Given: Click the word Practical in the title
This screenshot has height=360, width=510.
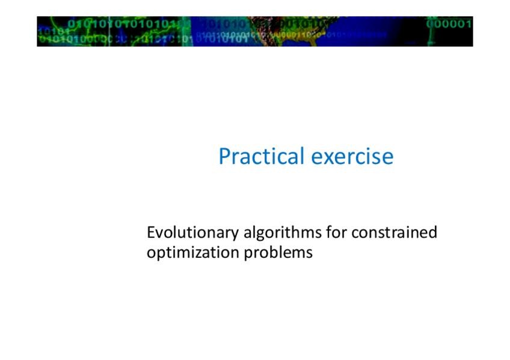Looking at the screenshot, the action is [262, 156].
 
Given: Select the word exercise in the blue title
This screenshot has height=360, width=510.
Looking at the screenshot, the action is [352, 156].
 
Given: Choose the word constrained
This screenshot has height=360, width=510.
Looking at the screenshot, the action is [394, 232].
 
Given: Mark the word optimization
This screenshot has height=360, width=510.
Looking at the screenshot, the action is [192, 253].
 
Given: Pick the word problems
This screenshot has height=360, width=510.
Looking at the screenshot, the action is [278, 253].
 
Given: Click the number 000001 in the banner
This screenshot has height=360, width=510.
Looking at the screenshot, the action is [449, 23].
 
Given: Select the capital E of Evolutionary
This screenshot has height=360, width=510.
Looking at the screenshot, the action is [151, 233].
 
